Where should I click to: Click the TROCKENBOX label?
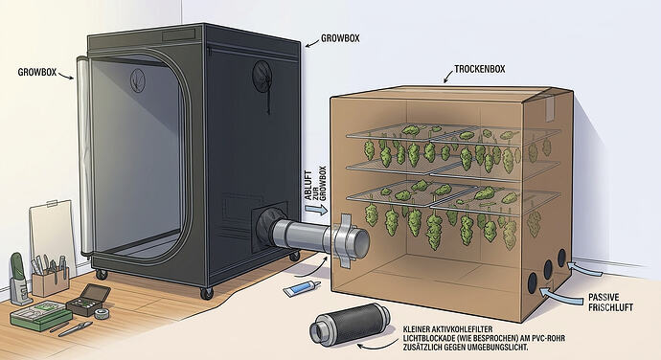click(x=479, y=69)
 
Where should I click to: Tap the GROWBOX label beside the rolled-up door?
click(x=37, y=72)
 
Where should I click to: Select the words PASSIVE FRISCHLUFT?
click(x=610, y=303)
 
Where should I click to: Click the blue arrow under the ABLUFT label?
click(x=315, y=208)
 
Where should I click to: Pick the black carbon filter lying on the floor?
click(x=350, y=324)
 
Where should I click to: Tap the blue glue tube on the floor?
click(x=302, y=288)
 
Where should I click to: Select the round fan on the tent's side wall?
click(x=262, y=75)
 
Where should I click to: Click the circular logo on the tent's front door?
click(x=138, y=79)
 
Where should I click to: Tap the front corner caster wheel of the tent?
click(x=207, y=293)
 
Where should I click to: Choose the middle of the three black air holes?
click(x=548, y=270)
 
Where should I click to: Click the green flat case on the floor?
click(x=41, y=316)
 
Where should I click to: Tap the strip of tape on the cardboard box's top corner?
click(x=549, y=105)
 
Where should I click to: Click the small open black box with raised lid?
click(x=89, y=300)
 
